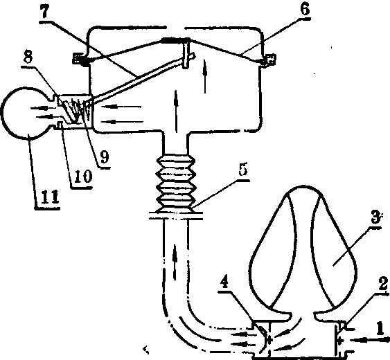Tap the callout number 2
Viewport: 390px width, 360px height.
[x=383, y=284]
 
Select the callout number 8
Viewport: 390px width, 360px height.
[x=28, y=57]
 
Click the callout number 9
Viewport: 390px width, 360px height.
[x=104, y=157]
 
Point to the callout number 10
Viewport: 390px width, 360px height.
[x=83, y=177]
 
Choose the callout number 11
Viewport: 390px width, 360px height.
[x=50, y=197]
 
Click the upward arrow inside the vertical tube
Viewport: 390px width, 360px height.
[x=175, y=262]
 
